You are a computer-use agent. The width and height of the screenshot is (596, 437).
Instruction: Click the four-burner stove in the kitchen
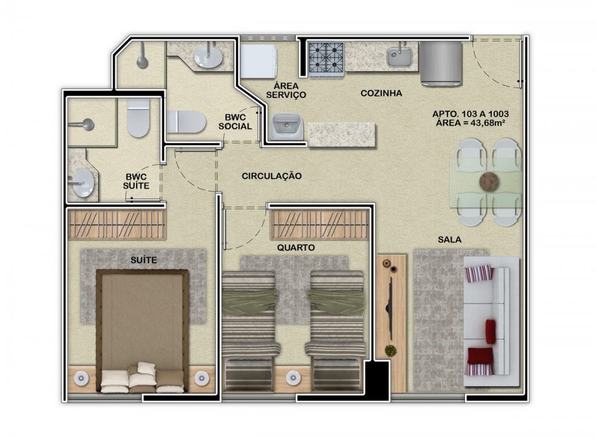coord(326,58)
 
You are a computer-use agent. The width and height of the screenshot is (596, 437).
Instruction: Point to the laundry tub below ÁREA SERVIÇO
coord(287,126)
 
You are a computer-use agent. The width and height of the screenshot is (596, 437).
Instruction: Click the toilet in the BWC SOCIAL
coord(186,122)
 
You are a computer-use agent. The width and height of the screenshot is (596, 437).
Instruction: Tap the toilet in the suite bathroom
coord(138,117)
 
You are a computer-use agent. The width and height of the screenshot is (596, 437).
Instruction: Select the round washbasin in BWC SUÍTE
coord(83,183)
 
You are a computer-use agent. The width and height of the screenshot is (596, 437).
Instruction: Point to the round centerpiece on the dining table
coord(489,181)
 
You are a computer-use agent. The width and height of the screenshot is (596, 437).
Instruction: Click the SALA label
coord(449,240)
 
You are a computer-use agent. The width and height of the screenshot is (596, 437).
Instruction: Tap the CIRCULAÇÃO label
coord(272,176)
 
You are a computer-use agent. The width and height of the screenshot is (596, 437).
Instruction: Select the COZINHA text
coord(381,93)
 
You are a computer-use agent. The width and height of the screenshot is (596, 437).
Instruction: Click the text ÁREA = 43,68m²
coord(470,123)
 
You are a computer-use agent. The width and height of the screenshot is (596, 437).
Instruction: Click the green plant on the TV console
coord(390,351)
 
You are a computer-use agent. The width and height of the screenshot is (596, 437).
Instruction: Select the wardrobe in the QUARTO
coord(319,225)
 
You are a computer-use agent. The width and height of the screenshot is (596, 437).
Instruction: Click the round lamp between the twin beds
coord(293,377)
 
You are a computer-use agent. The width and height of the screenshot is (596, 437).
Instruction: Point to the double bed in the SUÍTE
coord(142,331)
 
